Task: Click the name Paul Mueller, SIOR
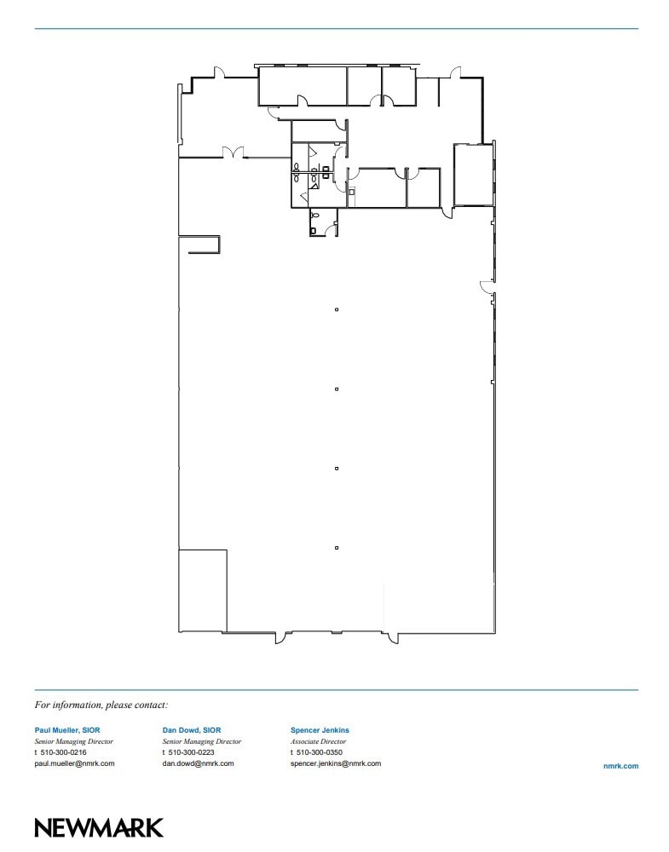[x=67, y=730]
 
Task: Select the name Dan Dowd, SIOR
[x=192, y=730]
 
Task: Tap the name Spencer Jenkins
[x=320, y=730]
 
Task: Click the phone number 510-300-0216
[x=63, y=752]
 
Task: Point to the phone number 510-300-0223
[x=191, y=752]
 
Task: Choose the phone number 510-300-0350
[x=319, y=752]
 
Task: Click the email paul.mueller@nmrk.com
[x=74, y=763]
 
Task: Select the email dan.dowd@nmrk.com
[x=198, y=763]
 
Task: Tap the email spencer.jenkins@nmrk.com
[x=336, y=763]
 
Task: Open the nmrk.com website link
[x=620, y=767]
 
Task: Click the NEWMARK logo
[x=99, y=827]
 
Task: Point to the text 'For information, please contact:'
[x=101, y=705]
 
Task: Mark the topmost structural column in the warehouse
[x=337, y=309]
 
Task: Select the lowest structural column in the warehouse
[x=337, y=548]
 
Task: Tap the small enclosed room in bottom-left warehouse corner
[x=202, y=590]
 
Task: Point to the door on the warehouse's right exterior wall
[x=486, y=285]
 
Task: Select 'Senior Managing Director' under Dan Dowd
[x=201, y=741]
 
